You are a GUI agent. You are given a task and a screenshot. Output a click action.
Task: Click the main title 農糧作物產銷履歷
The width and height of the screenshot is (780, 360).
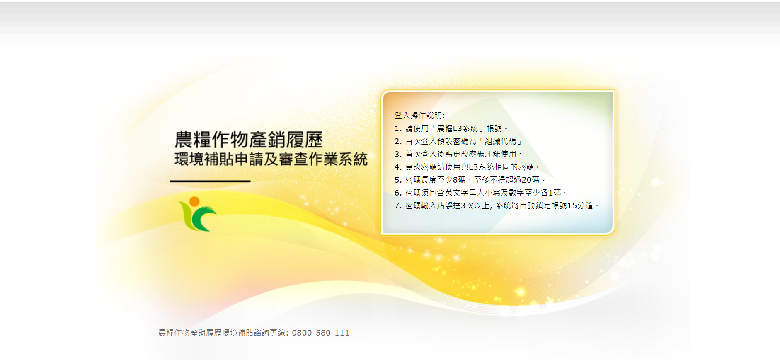pos(248,140)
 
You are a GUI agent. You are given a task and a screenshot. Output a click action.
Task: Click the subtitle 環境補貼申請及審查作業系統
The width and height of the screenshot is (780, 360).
pos(271,159)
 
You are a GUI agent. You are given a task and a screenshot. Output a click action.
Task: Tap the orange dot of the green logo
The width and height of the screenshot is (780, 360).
pos(194,202)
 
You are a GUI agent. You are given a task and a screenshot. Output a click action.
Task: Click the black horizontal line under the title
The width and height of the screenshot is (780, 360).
pos(211,181)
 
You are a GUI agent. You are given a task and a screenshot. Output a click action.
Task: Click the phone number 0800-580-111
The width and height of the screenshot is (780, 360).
pos(320,333)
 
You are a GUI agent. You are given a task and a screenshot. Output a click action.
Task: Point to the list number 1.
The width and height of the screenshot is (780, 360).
pos(397,128)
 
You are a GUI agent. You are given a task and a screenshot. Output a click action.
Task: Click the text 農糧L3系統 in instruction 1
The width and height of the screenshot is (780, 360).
pos(458,128)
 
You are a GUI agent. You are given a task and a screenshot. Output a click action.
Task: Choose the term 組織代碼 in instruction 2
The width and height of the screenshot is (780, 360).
pos(500,141)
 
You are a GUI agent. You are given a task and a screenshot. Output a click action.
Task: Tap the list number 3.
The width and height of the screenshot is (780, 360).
pos(397,154)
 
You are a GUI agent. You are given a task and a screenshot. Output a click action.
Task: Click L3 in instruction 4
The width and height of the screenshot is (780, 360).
pos(473,167)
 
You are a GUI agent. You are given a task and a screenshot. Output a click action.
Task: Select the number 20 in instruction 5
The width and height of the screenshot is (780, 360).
pos(526,180)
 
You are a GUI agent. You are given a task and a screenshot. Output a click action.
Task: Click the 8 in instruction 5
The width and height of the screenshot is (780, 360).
pos(455,180)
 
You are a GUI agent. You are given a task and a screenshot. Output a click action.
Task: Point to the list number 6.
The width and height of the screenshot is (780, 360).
pos(397,193)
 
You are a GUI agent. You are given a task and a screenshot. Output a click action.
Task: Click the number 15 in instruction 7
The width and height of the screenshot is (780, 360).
pos(572,205)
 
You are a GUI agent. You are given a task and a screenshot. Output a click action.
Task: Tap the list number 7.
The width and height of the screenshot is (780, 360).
pos(397,205)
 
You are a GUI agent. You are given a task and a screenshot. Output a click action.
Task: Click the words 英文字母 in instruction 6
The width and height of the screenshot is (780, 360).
pos(460,193)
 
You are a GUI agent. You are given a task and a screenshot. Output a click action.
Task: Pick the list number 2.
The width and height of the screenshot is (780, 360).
pos(397,141)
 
